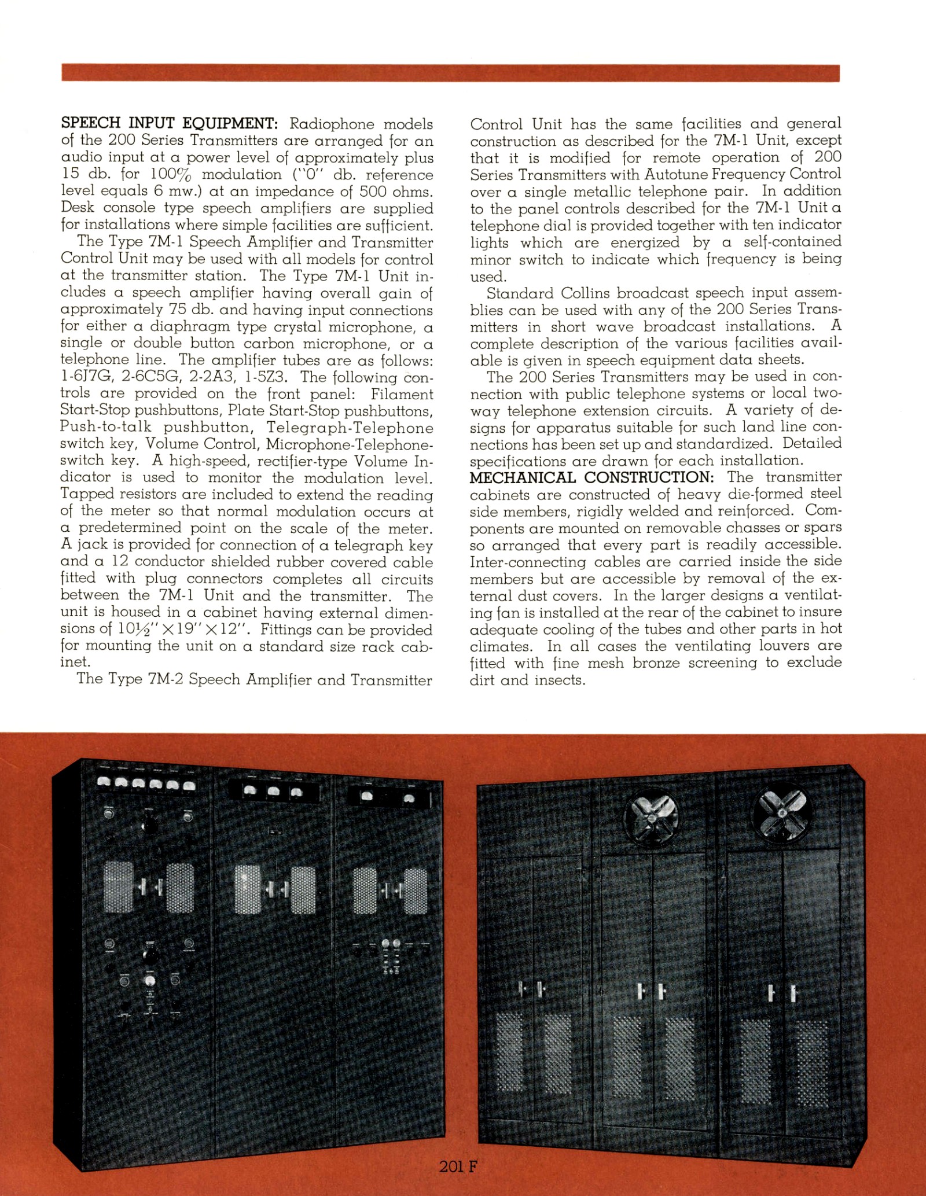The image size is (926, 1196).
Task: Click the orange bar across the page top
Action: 450,73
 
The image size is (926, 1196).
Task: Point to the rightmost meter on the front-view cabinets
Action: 409,799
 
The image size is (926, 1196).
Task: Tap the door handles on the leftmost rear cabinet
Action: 528,989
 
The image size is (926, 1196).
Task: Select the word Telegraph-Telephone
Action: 350,428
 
